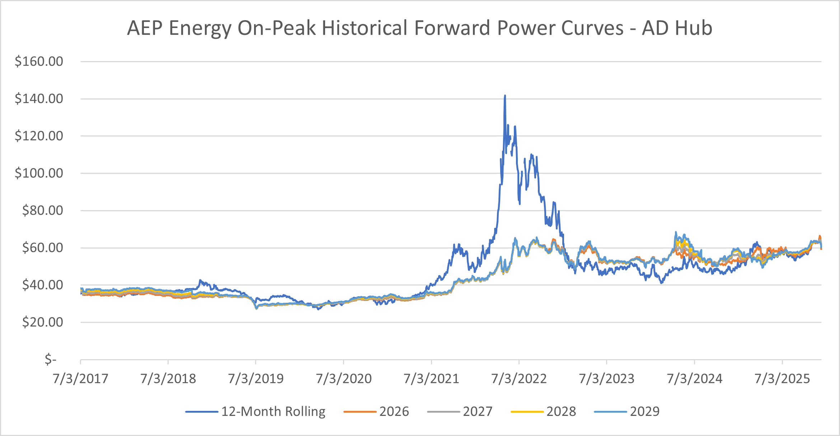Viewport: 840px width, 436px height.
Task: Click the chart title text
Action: click(x=419, y=28)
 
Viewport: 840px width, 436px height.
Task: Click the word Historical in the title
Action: click(x=366, y=28)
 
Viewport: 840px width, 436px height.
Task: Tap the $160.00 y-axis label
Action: click(x=39, y=61)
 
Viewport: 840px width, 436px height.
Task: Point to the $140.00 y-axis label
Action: click(x=39, y=99)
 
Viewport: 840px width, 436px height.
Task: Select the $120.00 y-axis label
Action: click(x=39, y=136)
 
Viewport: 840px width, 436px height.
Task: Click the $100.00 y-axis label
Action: click(x=39, y=173)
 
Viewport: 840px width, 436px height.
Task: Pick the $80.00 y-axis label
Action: click(x=42, y=210)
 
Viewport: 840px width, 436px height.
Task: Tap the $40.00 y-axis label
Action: click(x=42, y=285)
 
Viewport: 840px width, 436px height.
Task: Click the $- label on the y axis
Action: click(x=50, y=359)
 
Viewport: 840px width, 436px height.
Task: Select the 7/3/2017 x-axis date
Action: click(x=80, y=379)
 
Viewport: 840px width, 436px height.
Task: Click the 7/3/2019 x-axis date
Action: click(x=256, y=379)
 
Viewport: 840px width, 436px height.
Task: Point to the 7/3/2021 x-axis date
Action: click(x=431, y=379)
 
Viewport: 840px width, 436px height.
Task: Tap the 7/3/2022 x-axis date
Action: click(x=519, y=379)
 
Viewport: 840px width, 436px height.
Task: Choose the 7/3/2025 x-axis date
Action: click(x=782, y=379)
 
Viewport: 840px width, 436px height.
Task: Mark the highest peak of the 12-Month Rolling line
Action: click(x=505, y=96)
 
